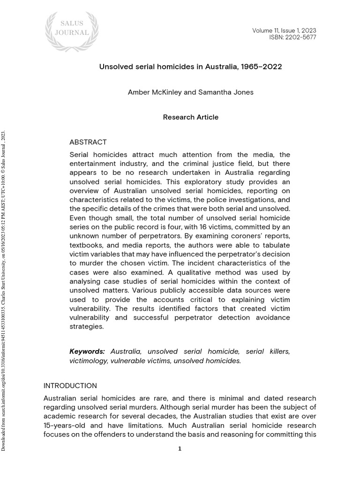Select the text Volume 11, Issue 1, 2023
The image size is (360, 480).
point(284,30)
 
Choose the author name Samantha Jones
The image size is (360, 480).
point(226,92)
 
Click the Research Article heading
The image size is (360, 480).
point(190,117)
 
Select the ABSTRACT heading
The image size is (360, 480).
point(88,142)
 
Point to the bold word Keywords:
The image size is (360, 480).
point(87,352)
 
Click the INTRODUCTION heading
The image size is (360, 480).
point(70,386)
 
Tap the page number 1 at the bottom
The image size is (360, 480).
point(180,449)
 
